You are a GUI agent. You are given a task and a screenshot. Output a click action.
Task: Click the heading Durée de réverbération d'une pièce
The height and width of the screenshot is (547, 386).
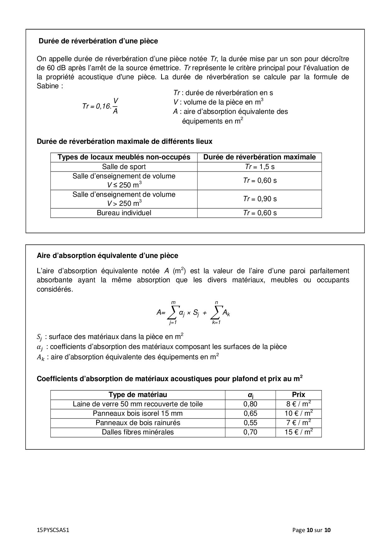(98, 41)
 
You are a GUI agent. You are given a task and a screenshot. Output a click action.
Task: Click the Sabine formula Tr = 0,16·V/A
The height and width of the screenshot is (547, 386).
(100, 106)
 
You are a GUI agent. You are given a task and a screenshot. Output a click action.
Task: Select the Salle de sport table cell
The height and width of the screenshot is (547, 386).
(124, 167)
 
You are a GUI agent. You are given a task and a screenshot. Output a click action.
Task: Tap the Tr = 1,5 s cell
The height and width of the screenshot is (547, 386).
(260, 167)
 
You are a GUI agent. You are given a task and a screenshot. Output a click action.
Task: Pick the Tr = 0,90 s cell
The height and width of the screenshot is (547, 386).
(260, 199)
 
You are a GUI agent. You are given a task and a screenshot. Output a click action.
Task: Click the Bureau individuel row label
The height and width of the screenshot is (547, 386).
(124, 213)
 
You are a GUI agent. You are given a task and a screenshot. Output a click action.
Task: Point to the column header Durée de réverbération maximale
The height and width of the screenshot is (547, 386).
(260, 157)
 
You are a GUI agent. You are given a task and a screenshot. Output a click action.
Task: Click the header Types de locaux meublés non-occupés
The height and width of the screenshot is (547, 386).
(124, 157)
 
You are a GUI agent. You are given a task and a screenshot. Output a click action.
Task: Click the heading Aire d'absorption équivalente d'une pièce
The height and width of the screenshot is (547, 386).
(107, 256)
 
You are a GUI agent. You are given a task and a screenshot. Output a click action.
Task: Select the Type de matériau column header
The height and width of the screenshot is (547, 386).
(138, 395)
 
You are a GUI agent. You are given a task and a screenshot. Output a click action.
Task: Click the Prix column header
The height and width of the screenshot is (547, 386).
(299, 395)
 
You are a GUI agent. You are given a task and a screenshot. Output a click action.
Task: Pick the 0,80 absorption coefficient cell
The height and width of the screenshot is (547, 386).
(250, 404)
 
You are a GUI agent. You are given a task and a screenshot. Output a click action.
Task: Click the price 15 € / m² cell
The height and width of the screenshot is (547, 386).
(299, 432)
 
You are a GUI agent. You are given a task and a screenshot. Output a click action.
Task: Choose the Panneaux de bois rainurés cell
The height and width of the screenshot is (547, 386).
(138, 423)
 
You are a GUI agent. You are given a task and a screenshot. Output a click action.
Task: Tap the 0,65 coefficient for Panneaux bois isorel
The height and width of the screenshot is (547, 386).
(250, 414)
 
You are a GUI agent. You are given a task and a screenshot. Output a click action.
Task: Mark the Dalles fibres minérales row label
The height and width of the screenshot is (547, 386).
(138, 432)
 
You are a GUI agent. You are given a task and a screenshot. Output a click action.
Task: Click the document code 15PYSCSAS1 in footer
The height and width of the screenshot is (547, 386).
(53, 530)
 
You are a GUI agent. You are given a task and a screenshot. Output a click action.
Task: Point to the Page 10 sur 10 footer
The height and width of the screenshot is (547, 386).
(311, 530)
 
